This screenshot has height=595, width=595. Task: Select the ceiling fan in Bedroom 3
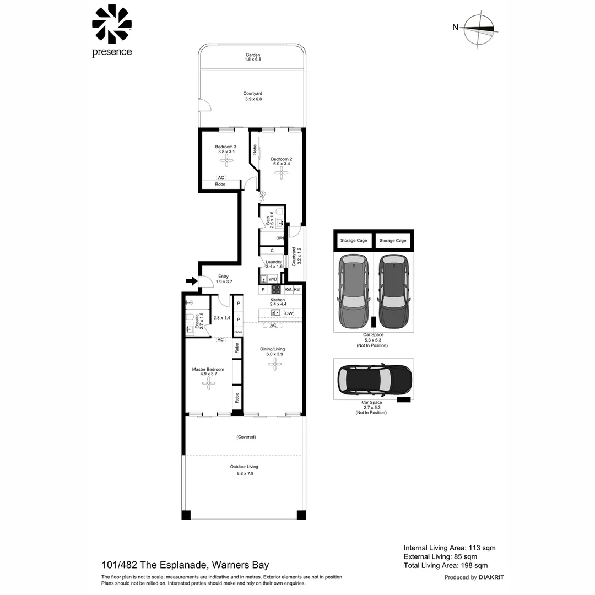coord(226,160)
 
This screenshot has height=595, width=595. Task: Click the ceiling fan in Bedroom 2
coord(282,172)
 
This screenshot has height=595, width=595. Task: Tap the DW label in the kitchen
coord(289,313)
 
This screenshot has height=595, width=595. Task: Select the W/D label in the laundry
coord(273,279)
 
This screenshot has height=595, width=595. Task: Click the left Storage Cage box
coord(353,241)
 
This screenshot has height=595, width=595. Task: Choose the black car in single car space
coord(374,380)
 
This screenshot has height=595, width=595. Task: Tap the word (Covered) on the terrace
coord(246,437)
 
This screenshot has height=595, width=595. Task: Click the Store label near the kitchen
coord(238,332)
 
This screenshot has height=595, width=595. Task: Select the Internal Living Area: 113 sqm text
coord(450,548)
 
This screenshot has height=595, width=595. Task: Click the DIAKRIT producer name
coord(491,577)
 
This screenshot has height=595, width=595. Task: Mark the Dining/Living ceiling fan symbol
coord(274,364)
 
